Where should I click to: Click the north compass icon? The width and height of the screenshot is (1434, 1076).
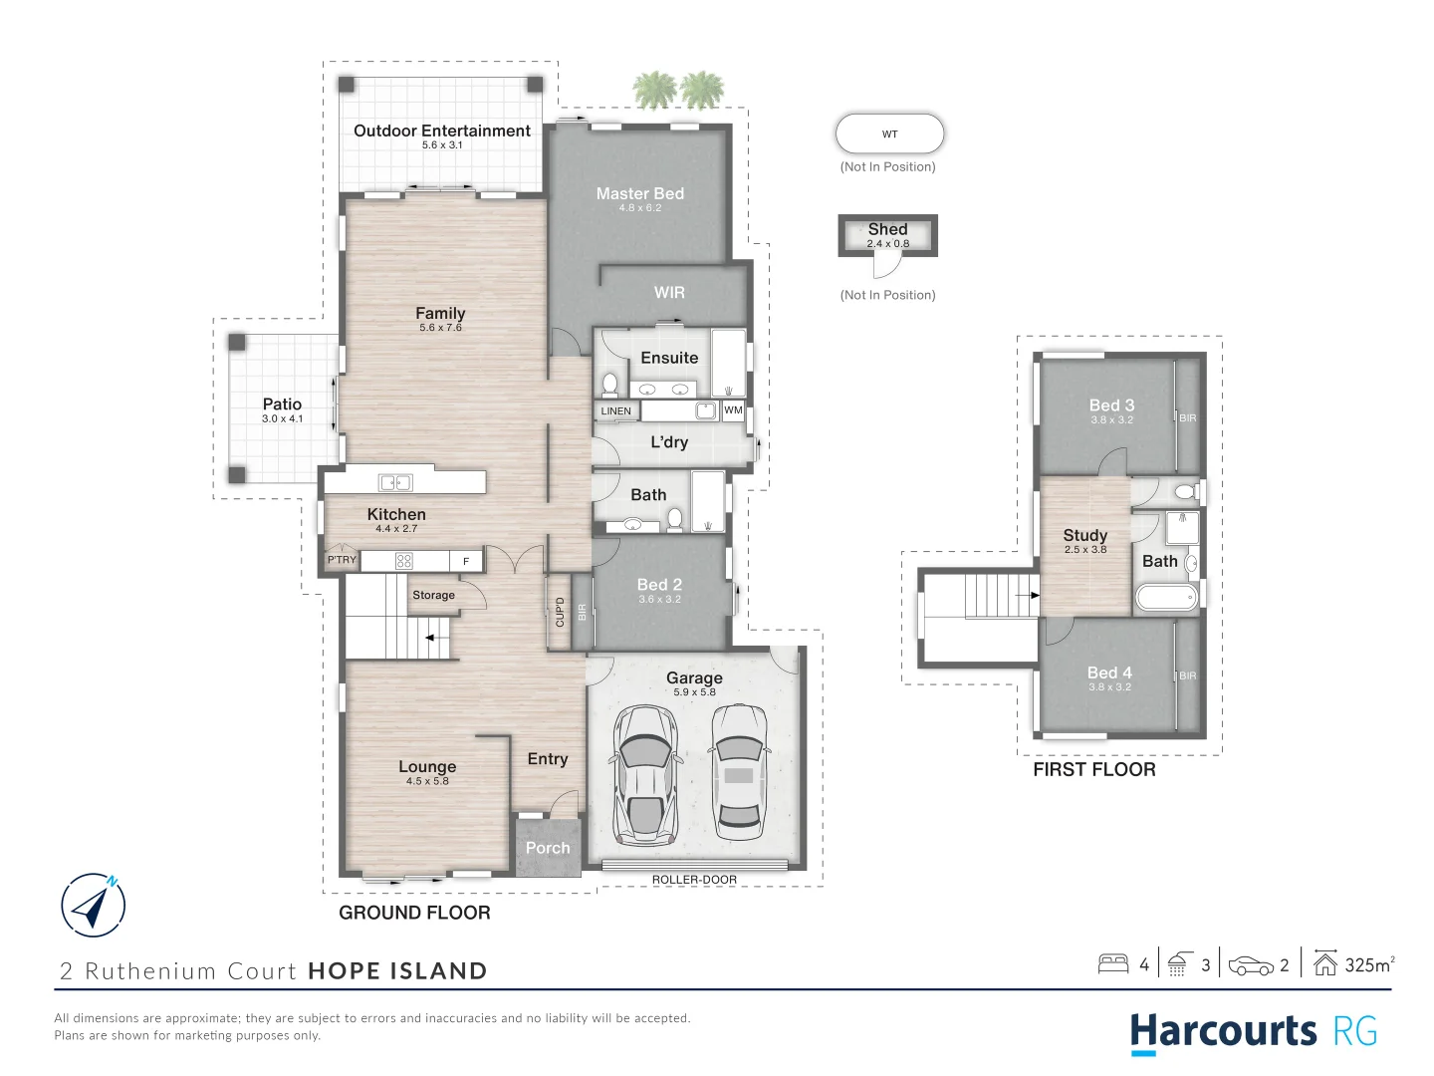coord(94,906)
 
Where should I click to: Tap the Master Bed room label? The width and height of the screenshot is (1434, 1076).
coord(639,194)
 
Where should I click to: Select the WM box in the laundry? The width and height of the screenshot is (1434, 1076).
coord(733,410)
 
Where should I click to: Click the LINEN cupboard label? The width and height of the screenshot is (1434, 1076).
coord(615,411)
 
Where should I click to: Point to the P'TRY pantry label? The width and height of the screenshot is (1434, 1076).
coord(342,560)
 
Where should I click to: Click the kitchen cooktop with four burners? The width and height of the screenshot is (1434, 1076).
coord(404,561)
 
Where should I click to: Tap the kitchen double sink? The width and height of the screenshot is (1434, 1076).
coord(395,483)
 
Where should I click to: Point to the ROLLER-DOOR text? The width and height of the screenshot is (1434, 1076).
coord(694,880)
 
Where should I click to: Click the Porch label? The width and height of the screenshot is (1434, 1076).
coord(548,848)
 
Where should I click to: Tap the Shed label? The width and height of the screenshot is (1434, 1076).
coord(887,230)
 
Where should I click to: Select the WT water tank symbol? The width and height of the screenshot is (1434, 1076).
coord(889,134)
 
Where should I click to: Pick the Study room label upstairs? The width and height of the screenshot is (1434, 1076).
coord(1084,536)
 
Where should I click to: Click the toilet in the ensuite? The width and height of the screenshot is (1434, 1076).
coord(609,383)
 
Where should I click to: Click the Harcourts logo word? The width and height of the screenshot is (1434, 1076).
coord(1223,1031)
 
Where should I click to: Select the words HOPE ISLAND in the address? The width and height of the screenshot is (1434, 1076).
coord(397,971)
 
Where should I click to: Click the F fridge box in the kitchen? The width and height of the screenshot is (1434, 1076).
coord(466,562)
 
